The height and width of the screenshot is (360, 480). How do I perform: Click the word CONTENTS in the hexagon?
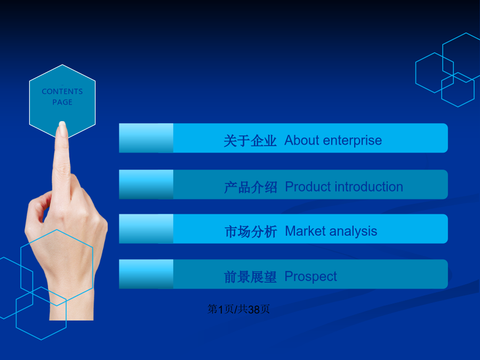click(62, 91)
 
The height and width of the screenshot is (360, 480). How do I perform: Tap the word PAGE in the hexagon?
click(62, 102)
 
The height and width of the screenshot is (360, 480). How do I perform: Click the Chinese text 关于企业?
click(250, 141)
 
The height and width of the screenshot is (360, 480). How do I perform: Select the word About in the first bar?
click(302, 140)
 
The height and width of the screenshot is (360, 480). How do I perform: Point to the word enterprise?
click(353, 141)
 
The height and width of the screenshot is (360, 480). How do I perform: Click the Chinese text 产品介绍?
click(251, 187)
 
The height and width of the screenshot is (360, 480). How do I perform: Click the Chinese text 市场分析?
click(251, 231)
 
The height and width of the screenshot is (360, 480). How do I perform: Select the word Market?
click(305, 231)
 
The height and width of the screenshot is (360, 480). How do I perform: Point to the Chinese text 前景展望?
click(250, 277)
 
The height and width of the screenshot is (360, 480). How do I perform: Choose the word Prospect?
click(311, 277)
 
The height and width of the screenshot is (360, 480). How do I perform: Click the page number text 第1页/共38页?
click(238, 309)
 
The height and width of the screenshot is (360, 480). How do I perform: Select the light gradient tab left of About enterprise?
click(146, 138)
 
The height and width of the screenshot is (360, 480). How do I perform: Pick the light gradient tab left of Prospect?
click(146, 274)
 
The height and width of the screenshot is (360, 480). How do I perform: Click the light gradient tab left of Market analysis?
click(146, 229)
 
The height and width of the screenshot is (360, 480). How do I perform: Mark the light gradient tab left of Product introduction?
click(146, 185)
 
